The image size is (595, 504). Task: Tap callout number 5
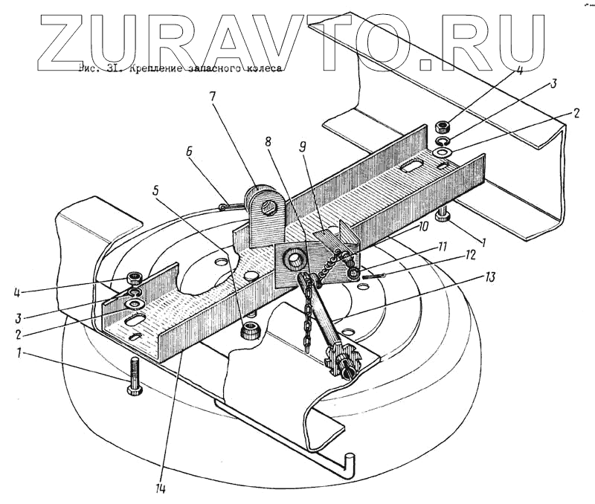tap(157, 188)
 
